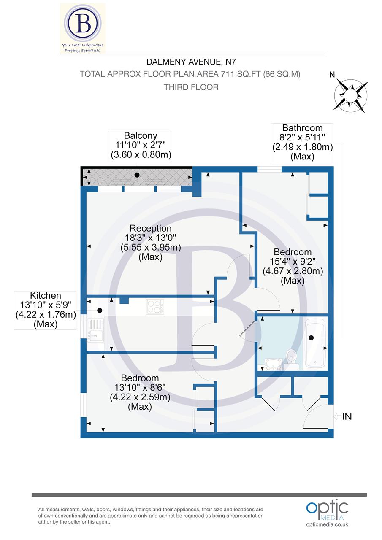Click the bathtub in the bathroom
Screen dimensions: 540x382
(x=315, y=343)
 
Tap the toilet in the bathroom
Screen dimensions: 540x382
(x=291, y=356)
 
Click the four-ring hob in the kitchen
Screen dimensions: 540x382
(x=155, y=307)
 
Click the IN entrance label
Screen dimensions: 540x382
(x=347, y=417)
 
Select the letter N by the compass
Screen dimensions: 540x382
(x=332, y=75)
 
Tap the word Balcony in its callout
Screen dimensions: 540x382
(x=140, y=136)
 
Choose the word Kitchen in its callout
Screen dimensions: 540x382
(x=46, y=296)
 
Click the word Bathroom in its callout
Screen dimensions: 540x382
(x=302, y=128)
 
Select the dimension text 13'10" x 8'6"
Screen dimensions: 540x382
(x=140, y=387)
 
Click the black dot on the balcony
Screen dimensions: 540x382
(x=137, y=175)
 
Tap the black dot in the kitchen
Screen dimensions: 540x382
(x=100, y=310)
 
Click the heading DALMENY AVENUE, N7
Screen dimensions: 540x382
(x=191, y=62)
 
